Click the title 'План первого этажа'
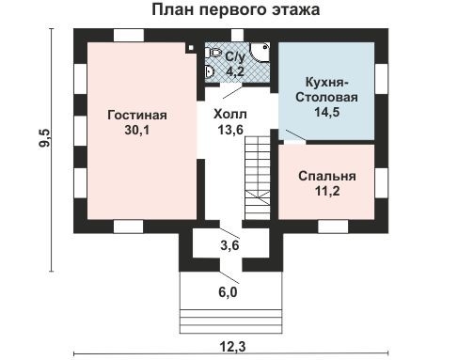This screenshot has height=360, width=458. pos(234,11)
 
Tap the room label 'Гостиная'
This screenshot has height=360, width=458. pos(136,116)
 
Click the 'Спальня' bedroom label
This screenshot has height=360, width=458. pos(326,176)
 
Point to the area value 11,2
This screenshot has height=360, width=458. pos(326,192)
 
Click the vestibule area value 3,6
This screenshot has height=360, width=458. pos(229,246)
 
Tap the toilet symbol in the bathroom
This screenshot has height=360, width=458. pos(213,53)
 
